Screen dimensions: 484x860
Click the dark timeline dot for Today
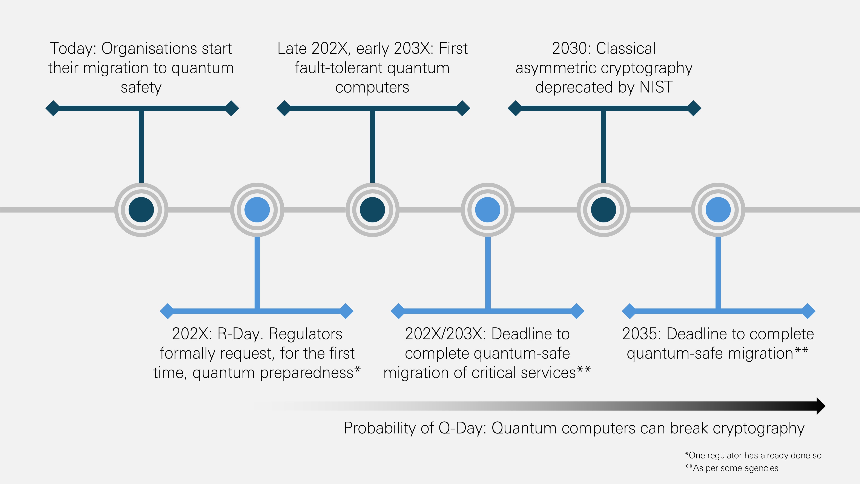coord(141,210)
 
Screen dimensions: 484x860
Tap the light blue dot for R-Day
coord(257,210)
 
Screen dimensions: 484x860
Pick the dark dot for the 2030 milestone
coord(604,210)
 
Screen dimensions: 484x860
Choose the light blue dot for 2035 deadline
coord(718,210)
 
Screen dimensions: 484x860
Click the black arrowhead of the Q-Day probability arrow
coord(821,406)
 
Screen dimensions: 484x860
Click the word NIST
coord(656,87)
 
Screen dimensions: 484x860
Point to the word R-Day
coord(239,334)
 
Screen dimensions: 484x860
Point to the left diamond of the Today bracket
coord(52,108)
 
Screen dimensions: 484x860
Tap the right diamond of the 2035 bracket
coord(808,311)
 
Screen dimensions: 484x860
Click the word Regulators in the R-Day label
coord(306,334)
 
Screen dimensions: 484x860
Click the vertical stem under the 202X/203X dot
coord(488,272)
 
